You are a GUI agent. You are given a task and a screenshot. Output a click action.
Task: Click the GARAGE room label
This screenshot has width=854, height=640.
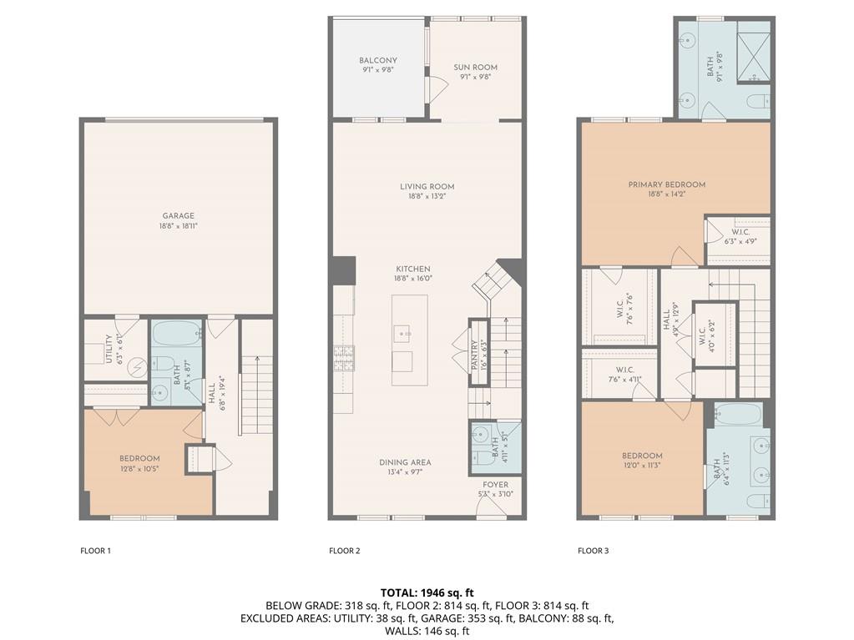coord(178,215)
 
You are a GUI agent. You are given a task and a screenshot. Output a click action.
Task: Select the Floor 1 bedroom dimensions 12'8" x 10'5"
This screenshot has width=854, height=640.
coord(139,469)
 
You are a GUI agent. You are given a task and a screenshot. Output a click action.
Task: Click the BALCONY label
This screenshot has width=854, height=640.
coord(377,60)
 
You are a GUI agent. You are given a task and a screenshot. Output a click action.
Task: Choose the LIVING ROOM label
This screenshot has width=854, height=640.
coord(427,186)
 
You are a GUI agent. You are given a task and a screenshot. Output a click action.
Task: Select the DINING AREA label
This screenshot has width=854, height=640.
coord(405,462)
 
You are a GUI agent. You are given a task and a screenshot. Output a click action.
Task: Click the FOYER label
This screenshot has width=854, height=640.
coord(494,485)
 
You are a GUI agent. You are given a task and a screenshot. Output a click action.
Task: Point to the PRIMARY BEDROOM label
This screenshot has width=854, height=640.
coord(666,184)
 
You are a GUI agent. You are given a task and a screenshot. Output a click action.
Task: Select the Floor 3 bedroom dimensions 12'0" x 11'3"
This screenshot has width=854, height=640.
coord(642,466)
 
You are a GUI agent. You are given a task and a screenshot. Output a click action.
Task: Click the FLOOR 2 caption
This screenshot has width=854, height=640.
coord(344,551)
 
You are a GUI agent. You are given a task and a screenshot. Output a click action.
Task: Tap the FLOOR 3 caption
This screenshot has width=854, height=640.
coord(593,551)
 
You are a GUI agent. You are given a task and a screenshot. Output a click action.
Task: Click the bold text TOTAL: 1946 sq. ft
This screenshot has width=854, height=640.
coord(427,592)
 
